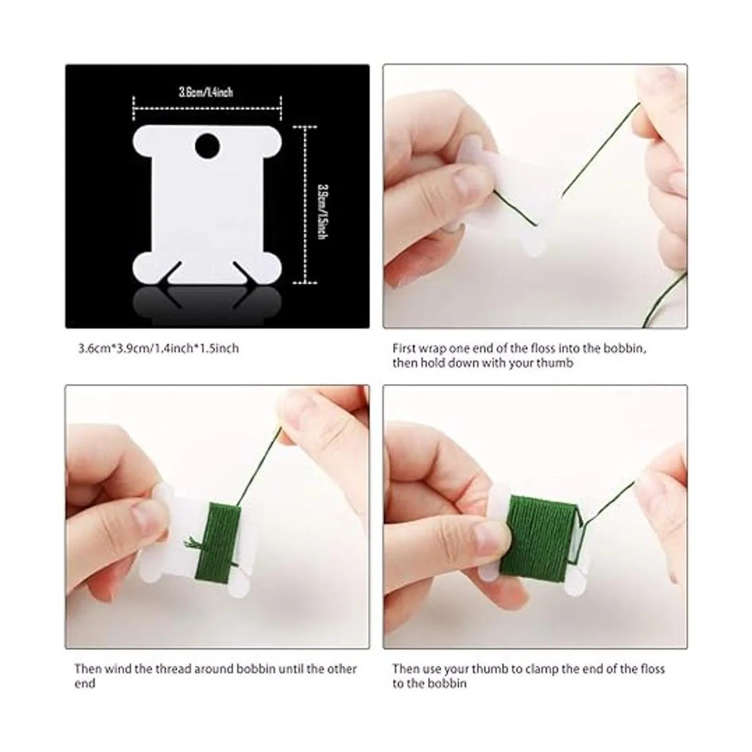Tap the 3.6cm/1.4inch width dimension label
click(206, 92)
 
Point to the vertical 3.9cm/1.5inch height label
click(321, 212)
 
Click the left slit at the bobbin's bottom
click(174, 271)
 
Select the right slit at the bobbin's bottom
click(242, 271)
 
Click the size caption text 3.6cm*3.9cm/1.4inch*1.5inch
click(159, 348)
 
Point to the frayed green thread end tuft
click(192, 542)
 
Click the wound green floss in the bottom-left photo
click(217, 545)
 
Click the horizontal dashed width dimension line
click(207, 107)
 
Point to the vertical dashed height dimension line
click(305, 204)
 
